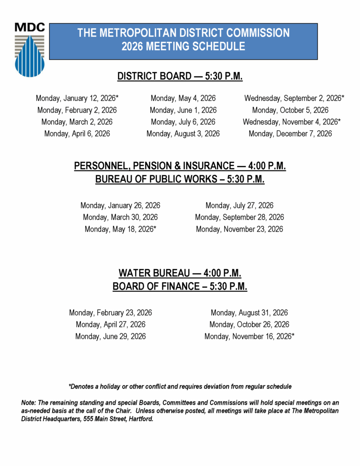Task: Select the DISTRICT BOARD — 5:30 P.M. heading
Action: point(180,76)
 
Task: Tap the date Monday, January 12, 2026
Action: point(77,98)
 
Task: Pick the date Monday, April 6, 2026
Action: point(77,134)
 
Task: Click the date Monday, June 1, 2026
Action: point(183,110)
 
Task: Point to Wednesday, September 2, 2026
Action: point(294,98)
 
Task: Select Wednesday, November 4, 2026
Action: point(292,122)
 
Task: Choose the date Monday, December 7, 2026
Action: point(290,134)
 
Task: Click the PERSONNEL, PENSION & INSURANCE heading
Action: point(180,167)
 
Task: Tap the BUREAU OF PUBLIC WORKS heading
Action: point(180,179)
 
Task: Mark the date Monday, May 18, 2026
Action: point(120,229)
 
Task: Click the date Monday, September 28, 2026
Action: point(239,217)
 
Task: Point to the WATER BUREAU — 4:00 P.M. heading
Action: point(180,274)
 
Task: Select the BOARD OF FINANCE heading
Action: point(180,287)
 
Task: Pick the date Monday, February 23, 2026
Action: point(111,313)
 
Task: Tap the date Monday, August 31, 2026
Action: point(249,313)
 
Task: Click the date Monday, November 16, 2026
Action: point(249,337)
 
